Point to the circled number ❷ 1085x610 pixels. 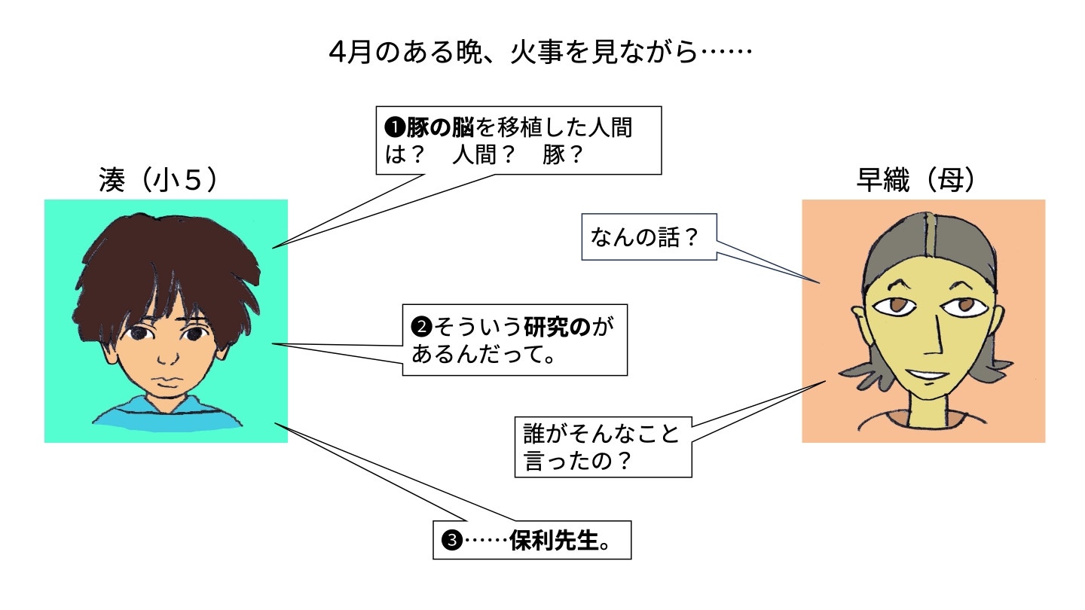click(420, 328)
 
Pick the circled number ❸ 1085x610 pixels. click(450, 541)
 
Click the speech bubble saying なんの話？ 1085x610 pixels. click(649, 237)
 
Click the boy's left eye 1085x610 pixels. click(137, 331)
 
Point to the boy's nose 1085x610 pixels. click(167, 352)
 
